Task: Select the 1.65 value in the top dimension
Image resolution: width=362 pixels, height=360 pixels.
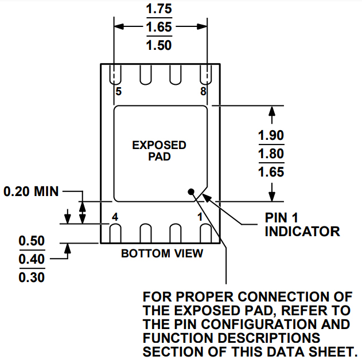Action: pyautogui.click(x=159, y=27)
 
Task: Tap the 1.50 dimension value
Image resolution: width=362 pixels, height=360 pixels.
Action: pyautogui.click(x=159, y=45)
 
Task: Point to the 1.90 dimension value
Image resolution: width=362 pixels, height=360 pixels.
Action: pyautogui.click(x=271, y=135)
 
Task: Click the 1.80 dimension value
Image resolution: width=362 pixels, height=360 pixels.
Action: pyautogui.click(x=271, y=154)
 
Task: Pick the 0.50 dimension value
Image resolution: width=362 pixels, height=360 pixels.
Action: pyautogui.click(x=32, y=241)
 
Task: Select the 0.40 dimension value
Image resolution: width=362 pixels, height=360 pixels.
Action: pyautogui.click(x=32, y=259)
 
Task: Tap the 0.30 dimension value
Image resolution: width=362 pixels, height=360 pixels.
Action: pyautogui.click(x=32, y=277)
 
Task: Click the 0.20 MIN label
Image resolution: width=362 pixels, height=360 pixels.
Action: pyautogui.click(x=31, y=191)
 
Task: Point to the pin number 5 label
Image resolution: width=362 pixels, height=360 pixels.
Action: pyautogui.click(x=118, y=92)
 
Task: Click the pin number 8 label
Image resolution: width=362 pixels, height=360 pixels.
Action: pyautogui.click(x=203, y=92)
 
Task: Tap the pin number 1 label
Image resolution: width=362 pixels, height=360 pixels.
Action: pyautogui.click(x=200, y=217)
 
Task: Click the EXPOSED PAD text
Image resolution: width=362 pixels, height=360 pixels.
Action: pyautogui.click(x=159, y=150)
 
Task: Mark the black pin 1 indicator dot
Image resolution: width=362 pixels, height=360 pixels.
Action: pyautogui.click(x=191, y=193)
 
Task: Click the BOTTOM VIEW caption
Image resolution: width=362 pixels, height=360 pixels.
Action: pyautogui.click(x=162, y=253)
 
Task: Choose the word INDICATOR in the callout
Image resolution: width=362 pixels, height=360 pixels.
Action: pyautogui.click(x=302, y=232)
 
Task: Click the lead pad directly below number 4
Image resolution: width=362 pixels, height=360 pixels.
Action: pyautogui.click(x=115, y=233)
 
